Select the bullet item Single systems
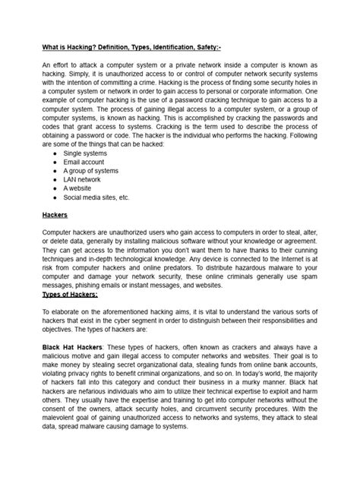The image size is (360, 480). tap(85, 153)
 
